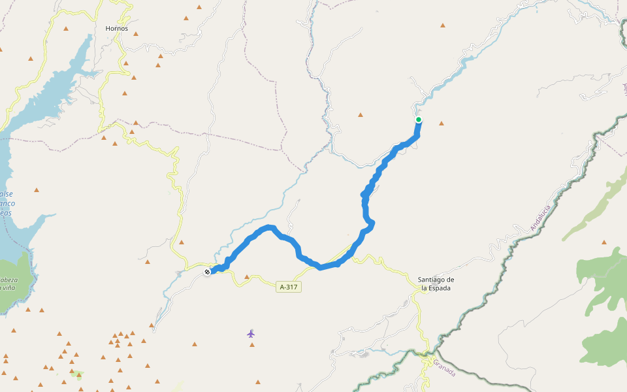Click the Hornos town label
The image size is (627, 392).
[117, 29]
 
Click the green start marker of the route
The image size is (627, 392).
[418, 120]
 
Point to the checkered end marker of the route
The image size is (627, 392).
[207, 272]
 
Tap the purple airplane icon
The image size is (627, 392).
[251, 334]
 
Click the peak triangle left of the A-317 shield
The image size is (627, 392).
[247, 278]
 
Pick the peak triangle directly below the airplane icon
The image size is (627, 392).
[252, 344]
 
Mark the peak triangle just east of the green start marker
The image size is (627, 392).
[442, 123]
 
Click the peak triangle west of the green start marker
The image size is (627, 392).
[360, 115]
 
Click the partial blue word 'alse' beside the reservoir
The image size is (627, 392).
[7, 194]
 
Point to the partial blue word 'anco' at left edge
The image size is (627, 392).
[7, 204]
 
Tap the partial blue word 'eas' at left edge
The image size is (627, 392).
[7, 213]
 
